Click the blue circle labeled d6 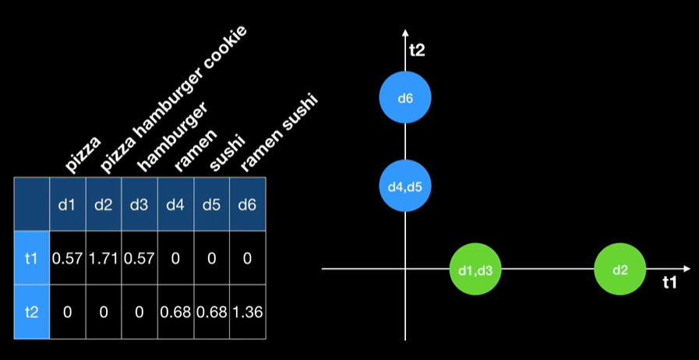coord(405,98)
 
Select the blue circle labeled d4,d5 coord(405,186)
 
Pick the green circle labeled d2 coord(620,270)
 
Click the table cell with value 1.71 coord(104,258)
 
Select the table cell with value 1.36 coord(247,312)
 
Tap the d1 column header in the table coord(68,205)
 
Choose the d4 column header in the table coord(175,205)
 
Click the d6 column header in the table coord(247,205)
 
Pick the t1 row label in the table coord(31,258)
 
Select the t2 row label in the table coord(31,312)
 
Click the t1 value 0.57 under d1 coord(68,258)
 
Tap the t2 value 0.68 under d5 coord(211,312)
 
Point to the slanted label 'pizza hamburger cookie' coord(175,99)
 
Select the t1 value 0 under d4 coord(175,258)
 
